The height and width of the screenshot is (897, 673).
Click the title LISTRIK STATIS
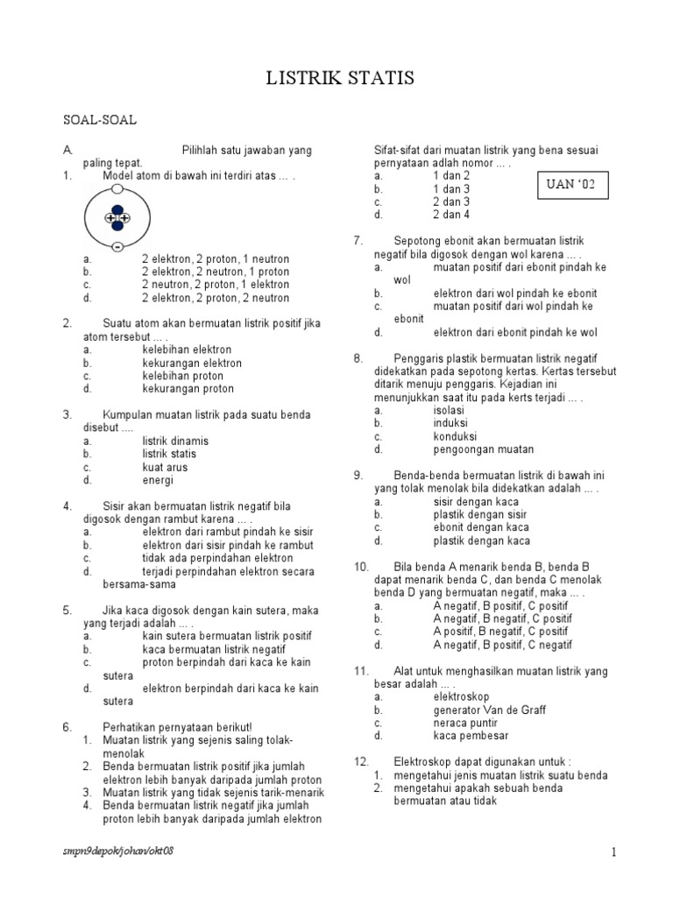tap(340, 80)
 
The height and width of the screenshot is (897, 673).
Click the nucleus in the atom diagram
tap(117, 217)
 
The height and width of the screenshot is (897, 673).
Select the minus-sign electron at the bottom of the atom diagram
tap(117, 248)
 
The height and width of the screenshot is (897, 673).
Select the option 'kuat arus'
tap(165, 467)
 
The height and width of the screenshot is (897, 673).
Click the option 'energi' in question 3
tap(158, 480)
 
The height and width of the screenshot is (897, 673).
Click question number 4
tap(67, 506)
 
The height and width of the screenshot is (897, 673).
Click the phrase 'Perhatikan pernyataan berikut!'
tap(177, 727)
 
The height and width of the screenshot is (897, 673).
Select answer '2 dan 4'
tap(451, 215)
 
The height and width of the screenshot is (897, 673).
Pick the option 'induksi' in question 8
tap(450, 422)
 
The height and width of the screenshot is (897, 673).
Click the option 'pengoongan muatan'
tap(483, 448)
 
